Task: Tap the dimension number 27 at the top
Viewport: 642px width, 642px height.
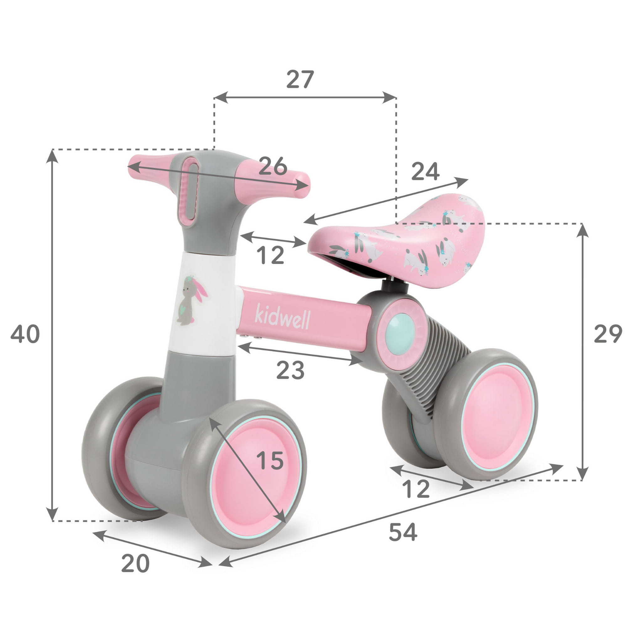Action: (300, 79)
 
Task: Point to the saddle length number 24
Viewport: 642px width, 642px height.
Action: (425, 171)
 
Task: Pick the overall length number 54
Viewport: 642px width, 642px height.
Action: (403, 532)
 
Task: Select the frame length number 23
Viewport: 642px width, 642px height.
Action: (290, 370)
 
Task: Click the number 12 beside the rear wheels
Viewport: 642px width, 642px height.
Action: (416, 489)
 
